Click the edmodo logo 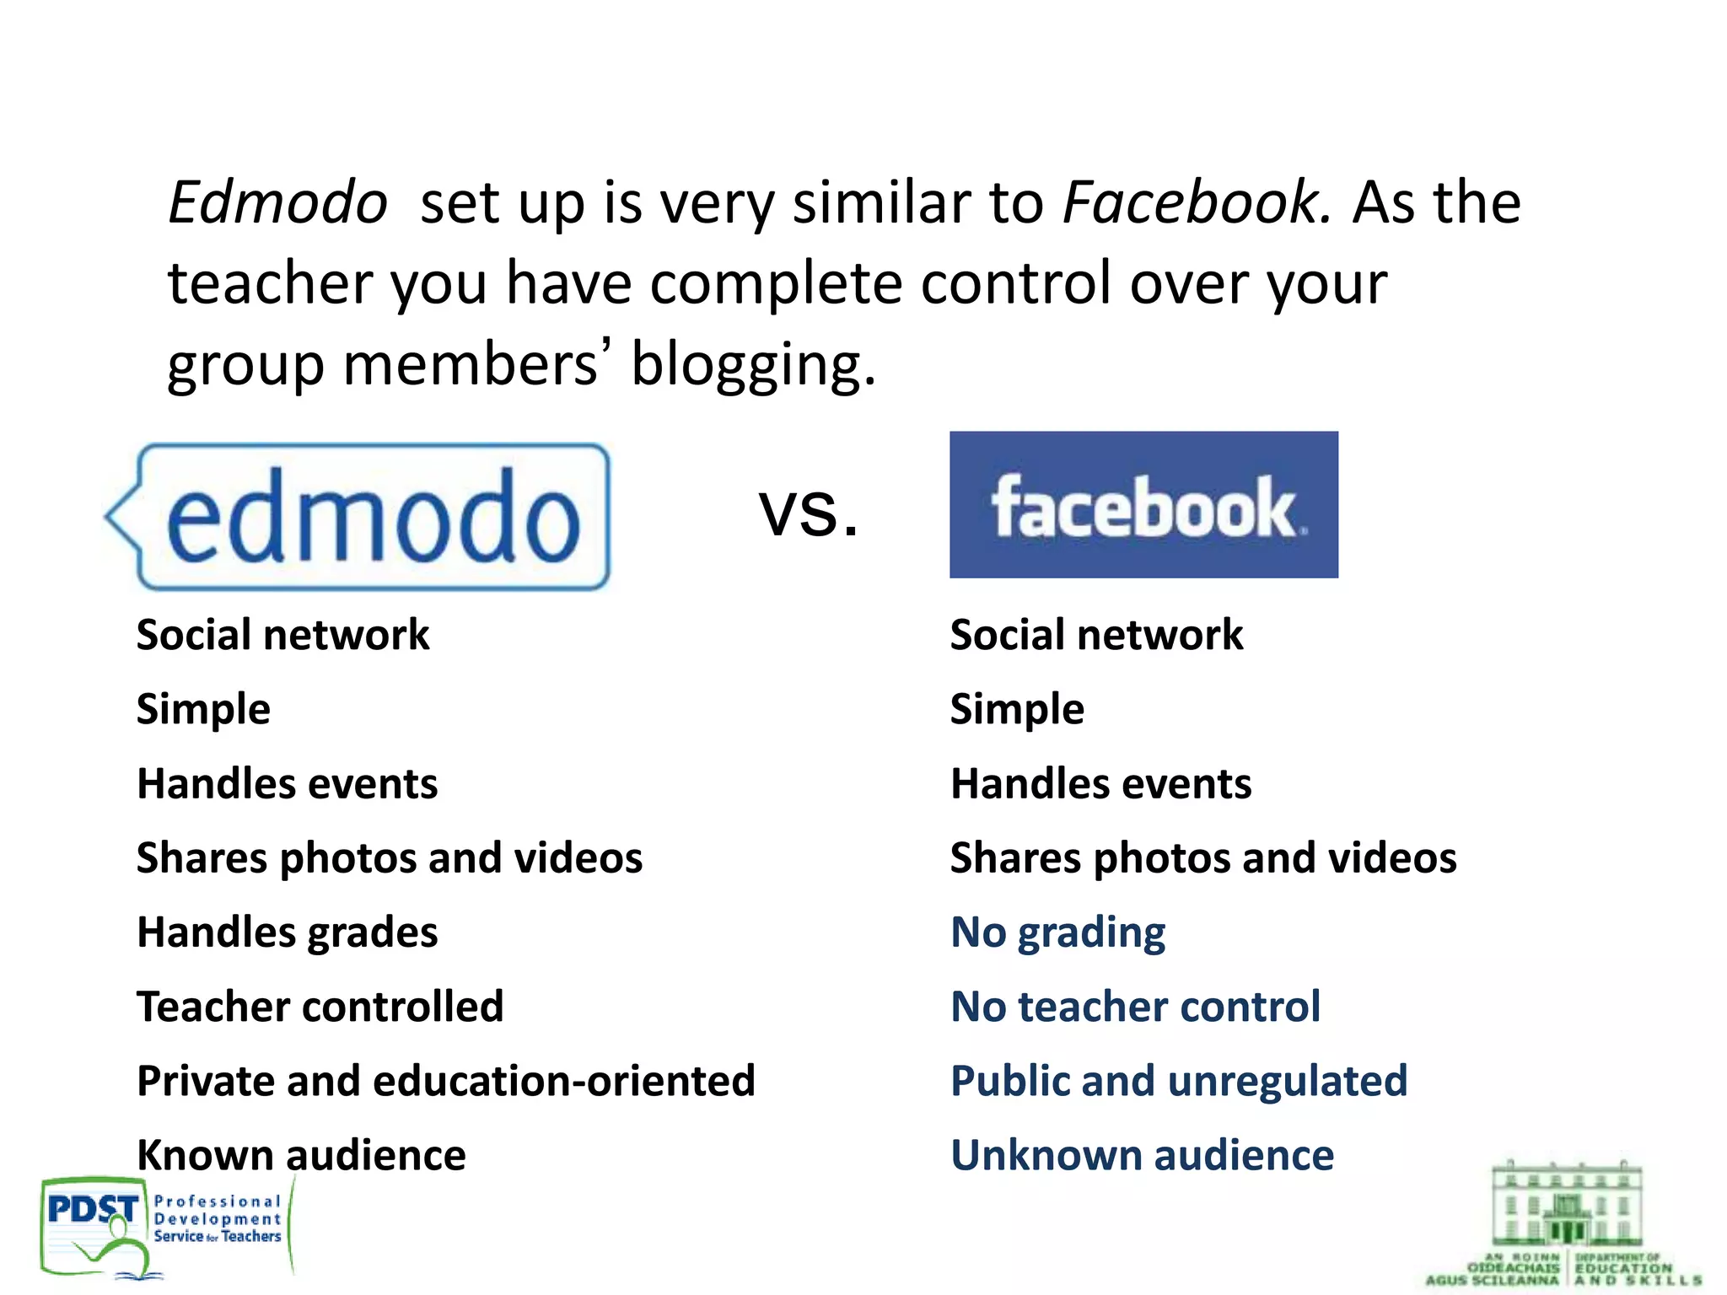[x=358, y=516]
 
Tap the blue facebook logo [x=1143, y=505]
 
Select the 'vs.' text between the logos [x=809, y=511]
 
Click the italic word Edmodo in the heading [x=277, y=202]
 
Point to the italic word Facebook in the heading [x=1197, y=202]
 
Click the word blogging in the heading [x=753, y=364]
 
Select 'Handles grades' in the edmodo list [x=288, y=932]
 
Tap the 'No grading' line [x=1057, y=932]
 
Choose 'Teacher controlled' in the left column [x=320, y=1007]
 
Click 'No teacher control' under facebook [x=1135, y=1007]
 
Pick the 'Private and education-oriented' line [x=446, y=1081]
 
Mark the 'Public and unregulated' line [x=1179, y=1081]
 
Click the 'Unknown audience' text [x=1142, y=1155]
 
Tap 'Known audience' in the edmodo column [x=301, y=1155]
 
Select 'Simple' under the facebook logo [x=1017, y=709]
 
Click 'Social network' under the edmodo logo [x=283, y=635]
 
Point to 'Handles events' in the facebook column [x=1100, y=784]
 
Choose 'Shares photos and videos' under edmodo [x=390, y=858]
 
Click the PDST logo [x=164, y=1226]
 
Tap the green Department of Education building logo [x=1565, y=1222]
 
